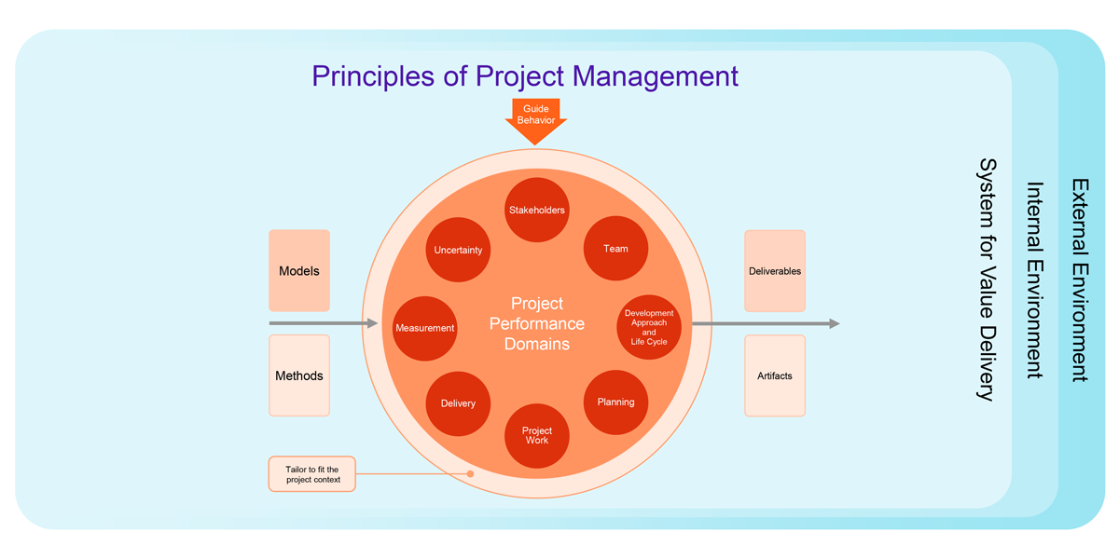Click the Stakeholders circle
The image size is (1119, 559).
(x=537, y=210)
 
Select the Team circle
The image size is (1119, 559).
(x=615, y=249)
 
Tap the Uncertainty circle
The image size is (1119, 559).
(x=458, y=250)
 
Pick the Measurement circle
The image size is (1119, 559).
(x=425, y=328)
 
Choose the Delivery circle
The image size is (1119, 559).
(x=458, y=403)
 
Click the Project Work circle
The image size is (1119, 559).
(x=537, y=435)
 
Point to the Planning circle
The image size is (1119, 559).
(x=615, y=402)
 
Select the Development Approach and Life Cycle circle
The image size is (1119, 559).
(x=649, y=327)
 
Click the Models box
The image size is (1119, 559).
(x=299, y=271)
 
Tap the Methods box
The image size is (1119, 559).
(x=299, y=375)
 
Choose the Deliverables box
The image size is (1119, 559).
(x=775, y=271)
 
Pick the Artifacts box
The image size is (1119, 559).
(x=775, y=375)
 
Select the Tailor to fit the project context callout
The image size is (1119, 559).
(x=312, y=474)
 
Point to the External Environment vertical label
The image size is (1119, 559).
(x=1080, y=280)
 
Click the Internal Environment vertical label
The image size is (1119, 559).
(x=1034, y=280)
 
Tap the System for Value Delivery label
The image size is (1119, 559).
(x=987, y=280)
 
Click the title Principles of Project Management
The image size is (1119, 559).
(x=525, y=75)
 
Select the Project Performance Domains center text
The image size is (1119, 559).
(x=537, y=324)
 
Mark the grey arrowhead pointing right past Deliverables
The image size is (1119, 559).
(x=834, y=324)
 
